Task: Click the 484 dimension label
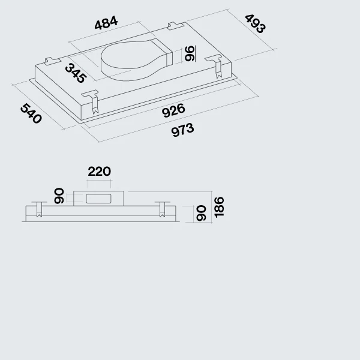click(106, 23)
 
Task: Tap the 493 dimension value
click(256, 24)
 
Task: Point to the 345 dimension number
click(76, 73)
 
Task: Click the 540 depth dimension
click(31, 113)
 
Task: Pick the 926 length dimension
click(173, 110)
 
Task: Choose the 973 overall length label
click(182, 130)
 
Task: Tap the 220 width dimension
click(100, 172)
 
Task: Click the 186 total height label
click(219, 207)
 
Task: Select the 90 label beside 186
click(201, 214)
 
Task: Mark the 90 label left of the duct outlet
click(59, 196)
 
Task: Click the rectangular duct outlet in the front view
click(99, 199)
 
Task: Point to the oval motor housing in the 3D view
click(137, 60)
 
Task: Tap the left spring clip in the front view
click(39, 209)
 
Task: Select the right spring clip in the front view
click(163, 209)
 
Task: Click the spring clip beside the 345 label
click(92, 101)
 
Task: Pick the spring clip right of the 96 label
click(216, 66)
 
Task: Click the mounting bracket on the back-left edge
click(53, 61)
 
